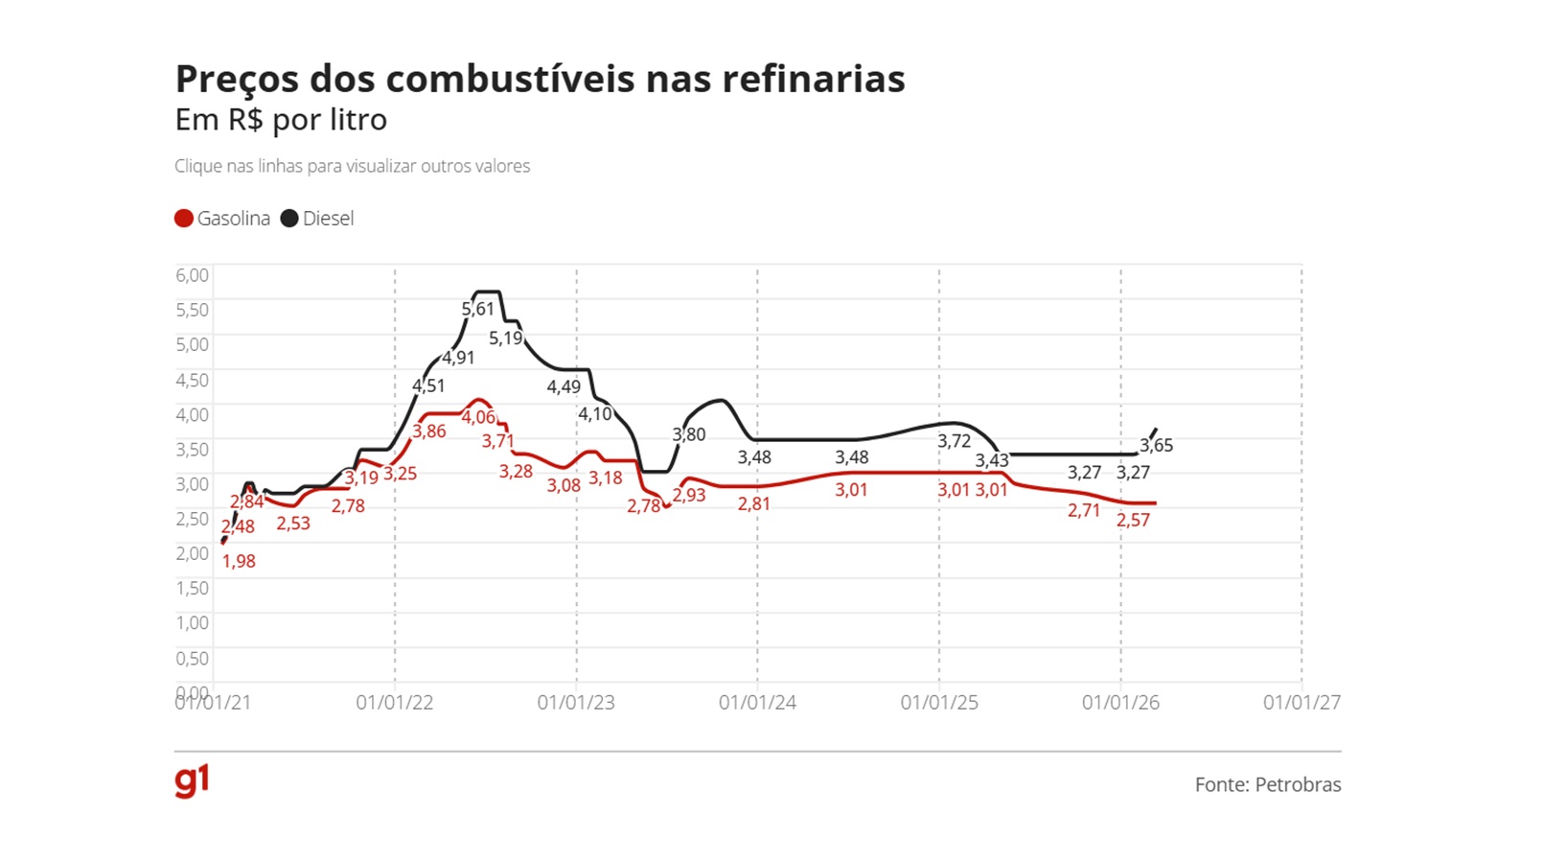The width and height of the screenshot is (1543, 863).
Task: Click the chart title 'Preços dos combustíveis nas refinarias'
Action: tap(540, 79)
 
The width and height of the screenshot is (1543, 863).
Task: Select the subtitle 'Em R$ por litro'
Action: tap(281, 120)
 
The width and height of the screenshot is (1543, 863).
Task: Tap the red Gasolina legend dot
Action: tap(184, 219)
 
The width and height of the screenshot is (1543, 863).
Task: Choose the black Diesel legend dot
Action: tap(289, 219)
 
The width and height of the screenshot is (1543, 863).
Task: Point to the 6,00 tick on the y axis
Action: tap(192, 275)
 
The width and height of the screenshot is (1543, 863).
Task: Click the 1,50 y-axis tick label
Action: tap(192, 588)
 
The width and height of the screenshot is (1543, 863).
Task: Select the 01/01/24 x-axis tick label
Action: tap(757, 703)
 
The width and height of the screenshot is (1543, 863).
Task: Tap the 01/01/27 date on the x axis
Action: tap(1301, 703)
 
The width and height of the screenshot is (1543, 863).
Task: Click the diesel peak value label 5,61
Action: tap(477, 309)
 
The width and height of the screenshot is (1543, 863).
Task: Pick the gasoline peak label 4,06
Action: tap(478, 417)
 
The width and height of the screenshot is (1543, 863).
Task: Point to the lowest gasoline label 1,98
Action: tap(239, 562)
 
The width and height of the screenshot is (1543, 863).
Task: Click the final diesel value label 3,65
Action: tap(1156, 445)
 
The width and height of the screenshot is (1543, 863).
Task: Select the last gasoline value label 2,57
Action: tap(1133, 520)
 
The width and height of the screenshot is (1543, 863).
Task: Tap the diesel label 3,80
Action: tap(688, 434)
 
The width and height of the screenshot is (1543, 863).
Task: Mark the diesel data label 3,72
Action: tap(954, 441)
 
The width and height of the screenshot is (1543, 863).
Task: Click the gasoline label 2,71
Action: tap(1084, 511)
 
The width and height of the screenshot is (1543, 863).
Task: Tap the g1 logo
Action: tap(192, 781)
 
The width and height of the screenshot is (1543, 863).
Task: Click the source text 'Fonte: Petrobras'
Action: tap(1267, 784)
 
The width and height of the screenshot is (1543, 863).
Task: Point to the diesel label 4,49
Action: tap(564, 387)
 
